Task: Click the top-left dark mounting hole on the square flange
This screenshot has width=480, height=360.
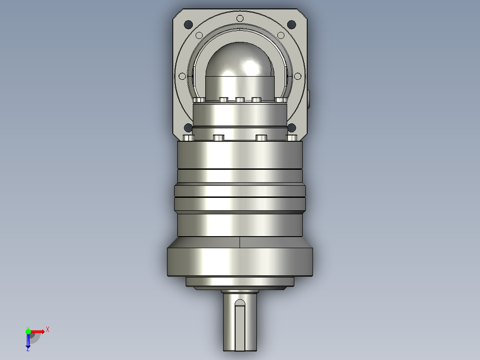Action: coord(188,25)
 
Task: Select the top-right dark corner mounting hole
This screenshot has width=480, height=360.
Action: coord(291,25)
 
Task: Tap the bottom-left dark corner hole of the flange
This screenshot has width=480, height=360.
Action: coord(188,128)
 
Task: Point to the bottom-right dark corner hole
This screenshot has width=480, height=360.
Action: coord(292,128)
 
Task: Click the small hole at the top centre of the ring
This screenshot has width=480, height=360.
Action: coord(240,19)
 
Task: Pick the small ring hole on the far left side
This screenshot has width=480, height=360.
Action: coord(182,76)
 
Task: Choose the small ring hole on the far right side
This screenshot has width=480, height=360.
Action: coord(297,76)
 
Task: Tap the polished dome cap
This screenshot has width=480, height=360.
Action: coord(240,60)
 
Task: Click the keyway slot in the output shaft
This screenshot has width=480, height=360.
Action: coord(240,325)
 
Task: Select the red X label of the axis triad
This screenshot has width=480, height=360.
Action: coord(48,330)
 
